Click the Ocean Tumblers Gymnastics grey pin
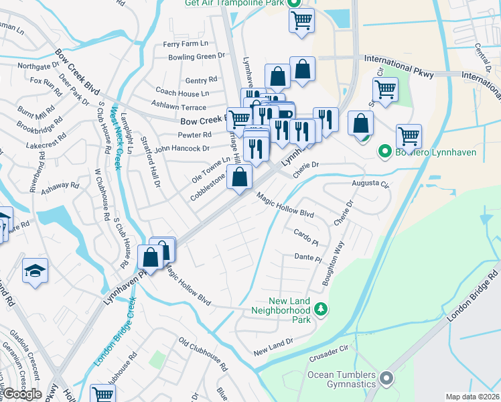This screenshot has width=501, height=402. point(386,379)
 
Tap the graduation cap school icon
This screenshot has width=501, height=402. point(35,271)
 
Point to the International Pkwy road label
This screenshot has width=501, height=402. point(398,64)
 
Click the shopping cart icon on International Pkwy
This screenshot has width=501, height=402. point(386,90)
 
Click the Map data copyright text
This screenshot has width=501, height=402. point(472,397)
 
